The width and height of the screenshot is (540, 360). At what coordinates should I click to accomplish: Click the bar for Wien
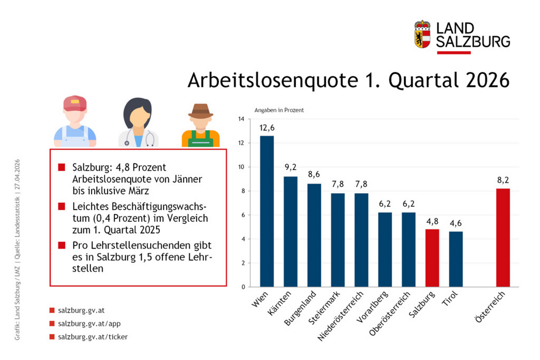267,211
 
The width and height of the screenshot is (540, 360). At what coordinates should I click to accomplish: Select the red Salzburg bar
432,258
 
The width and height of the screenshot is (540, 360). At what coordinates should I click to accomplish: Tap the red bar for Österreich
503,237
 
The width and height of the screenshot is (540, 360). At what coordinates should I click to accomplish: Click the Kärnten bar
291,232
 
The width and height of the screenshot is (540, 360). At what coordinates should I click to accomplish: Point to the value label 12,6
267,128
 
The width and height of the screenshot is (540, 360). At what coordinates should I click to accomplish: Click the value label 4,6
456,223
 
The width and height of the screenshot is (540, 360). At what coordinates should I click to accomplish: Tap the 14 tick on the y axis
241,119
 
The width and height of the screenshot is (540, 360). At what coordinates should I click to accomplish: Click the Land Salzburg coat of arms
422,33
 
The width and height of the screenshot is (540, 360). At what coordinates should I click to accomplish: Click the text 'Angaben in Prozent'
279,110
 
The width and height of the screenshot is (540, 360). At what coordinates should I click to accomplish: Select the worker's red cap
75,102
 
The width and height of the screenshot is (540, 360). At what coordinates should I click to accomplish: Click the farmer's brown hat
200,110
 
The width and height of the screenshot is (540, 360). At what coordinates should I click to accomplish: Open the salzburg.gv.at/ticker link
92,337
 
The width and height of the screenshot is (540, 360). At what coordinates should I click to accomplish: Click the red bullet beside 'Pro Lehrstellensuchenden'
61,245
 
